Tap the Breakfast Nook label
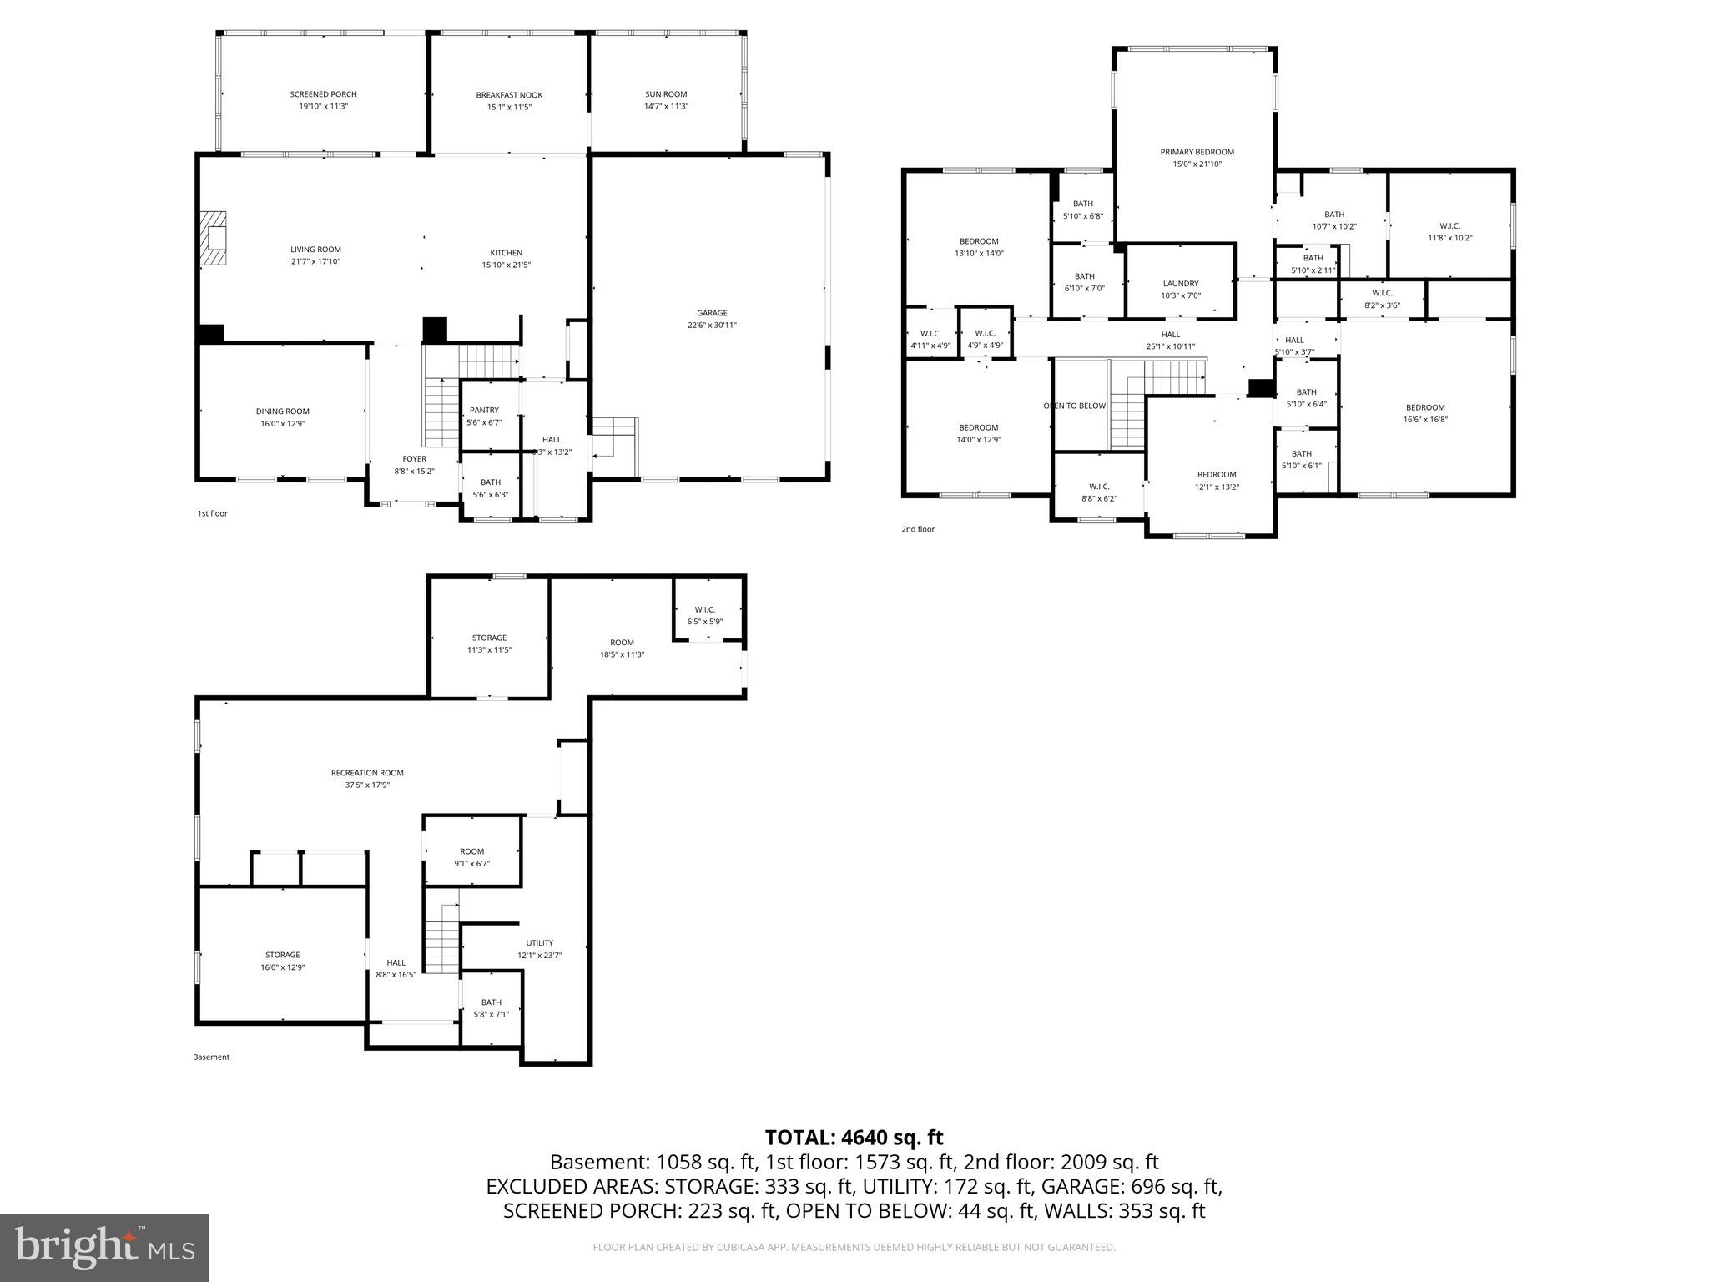(x=509, y=95)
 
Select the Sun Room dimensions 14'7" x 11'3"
(x=665, y=106)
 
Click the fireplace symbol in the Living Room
(x=214, y=239)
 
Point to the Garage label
(x=712, y=313)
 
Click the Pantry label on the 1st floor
(x=484, y=410)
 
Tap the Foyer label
(x=414, y=458)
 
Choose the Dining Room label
(x=282, y=411)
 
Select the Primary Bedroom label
(x=1197, y=152)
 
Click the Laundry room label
(x=1180, y=284)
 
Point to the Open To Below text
(x=1074, y=406)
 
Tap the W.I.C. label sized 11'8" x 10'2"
(x=1449, y=225)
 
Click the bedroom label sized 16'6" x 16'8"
(x=1424, y=407)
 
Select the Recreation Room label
(x=367, y=773)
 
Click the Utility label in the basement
(x=539, y=942)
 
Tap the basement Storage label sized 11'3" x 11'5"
(x=489, y=638)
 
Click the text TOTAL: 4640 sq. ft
(x=854, y=1137)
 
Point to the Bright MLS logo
(x=104, y=1247)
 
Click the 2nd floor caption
(x=918, y=529)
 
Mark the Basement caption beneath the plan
(x=211, y=1057)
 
